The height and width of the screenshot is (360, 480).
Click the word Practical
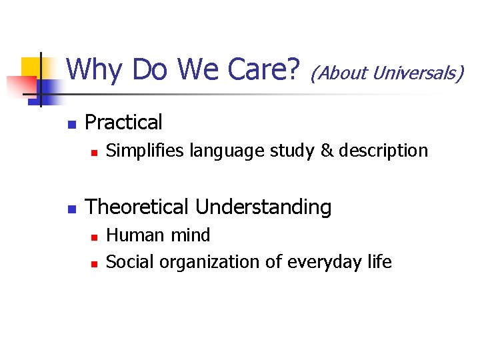pos(124,123)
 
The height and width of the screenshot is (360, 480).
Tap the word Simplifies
pos(145,151)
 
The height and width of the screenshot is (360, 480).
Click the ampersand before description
pos(327,151)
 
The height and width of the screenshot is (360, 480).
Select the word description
pos(383,151)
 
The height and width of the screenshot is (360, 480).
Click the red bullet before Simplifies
pos(94,153)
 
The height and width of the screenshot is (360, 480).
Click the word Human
pos(133,235)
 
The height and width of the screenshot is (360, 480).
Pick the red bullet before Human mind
pos(94,237)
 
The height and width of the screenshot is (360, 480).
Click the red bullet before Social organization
pos(94,263)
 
